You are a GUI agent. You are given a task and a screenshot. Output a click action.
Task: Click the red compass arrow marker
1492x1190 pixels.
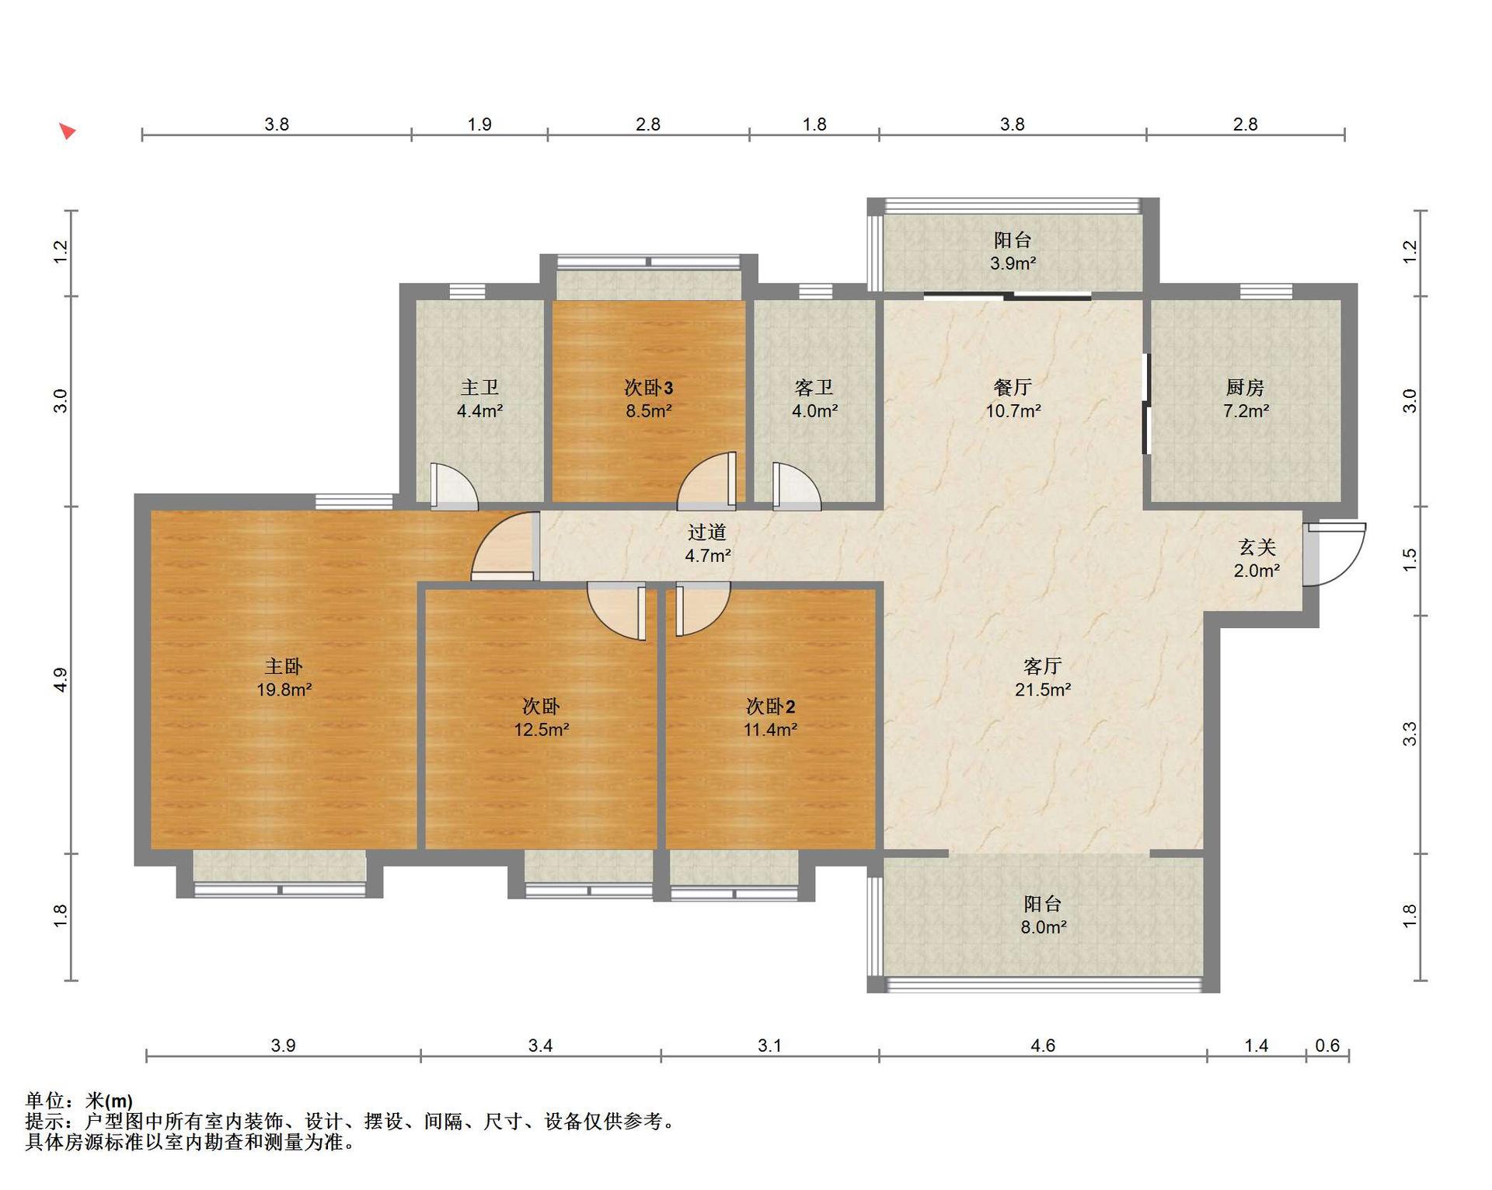click(68, 131)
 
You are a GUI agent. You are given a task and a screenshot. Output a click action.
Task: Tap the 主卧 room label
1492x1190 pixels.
click(284, 666)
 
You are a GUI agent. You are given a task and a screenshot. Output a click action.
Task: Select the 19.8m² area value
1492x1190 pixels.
click(284, 689)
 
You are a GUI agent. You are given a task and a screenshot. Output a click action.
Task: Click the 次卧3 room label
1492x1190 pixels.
click(649, 387)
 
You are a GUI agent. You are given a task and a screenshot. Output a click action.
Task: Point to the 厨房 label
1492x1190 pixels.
click(1245, 387)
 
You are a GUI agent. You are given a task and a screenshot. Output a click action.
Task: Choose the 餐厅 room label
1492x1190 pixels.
click(1013, 387)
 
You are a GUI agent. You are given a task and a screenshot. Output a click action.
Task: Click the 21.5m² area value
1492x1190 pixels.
click(1043, 689)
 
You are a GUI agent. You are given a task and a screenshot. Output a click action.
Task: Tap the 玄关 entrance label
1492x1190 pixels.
click(1257, 547)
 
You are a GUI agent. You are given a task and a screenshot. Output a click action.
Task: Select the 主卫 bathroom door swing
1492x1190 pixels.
click(454, 487)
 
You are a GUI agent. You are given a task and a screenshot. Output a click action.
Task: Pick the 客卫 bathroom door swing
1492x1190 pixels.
click(797, 487)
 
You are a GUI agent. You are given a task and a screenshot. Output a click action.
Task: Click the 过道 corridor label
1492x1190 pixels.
click(707, 532)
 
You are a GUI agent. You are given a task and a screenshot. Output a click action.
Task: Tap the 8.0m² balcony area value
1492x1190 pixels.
click(1043, 927)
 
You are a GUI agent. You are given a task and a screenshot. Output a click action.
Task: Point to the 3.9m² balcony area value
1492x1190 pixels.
click(1013, 263)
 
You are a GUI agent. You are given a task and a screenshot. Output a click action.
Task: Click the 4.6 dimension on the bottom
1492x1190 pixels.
click(1043, 1045)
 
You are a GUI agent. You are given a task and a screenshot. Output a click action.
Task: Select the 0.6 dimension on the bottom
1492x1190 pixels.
click(1327, 1045)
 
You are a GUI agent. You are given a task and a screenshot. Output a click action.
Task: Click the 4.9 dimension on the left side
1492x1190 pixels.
click(61, 679)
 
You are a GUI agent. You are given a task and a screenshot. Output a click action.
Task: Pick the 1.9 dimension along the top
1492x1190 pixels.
click(479, 124)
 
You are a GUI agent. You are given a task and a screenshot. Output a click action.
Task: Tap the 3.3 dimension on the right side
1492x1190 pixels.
click(1410, 734)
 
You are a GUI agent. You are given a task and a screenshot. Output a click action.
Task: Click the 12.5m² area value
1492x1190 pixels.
click(542, 730)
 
